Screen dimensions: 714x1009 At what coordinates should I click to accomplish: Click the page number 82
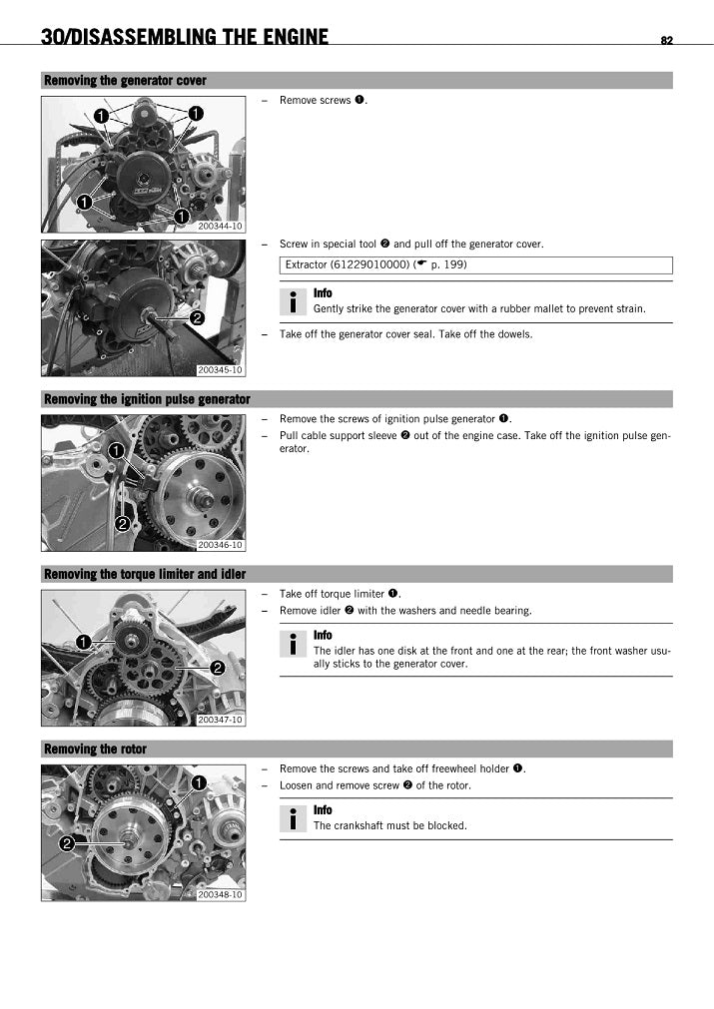(x=666, y=40)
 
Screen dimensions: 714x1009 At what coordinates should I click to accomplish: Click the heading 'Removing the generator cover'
(x=125, y=81)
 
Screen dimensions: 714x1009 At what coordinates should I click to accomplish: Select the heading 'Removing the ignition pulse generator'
(x=147, y=399)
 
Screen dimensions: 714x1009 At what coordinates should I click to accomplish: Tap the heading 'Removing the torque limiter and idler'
(x=145, y=574)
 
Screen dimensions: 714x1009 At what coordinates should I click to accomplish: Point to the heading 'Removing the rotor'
(x=95, y=750)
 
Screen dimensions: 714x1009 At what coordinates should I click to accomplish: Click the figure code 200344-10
(x=220, y=227)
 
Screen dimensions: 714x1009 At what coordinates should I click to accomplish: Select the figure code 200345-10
(x=220, y=370)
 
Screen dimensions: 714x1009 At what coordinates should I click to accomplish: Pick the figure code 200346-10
(x=220, y=545)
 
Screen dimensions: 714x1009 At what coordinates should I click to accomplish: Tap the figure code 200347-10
(x=220, y=720)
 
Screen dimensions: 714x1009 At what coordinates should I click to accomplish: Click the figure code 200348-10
(x=220, y=894)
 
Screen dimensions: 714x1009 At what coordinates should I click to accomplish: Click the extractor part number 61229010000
(x=369, y=264)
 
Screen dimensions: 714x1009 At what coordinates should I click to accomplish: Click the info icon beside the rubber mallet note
(x=293, y=301)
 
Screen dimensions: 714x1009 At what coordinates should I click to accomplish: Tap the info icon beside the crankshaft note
(x=293, y=819)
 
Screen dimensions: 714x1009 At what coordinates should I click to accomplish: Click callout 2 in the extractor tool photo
(x=197, y=318)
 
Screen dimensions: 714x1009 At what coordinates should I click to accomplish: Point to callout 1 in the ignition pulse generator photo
(x=116, y=451)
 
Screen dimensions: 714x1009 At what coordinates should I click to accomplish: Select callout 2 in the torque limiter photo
(x=217, y=669)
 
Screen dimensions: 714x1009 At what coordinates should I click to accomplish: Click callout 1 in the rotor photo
(x=199, y=782)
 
